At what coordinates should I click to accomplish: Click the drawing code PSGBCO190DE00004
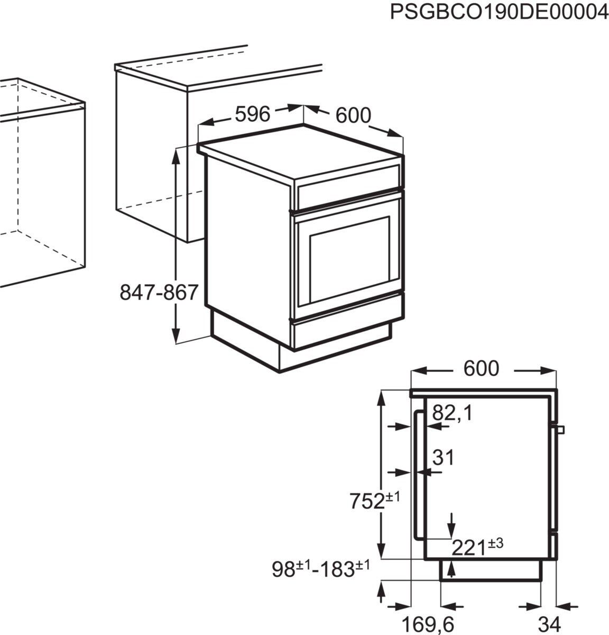pos(499,12)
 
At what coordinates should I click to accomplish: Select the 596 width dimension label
pos(252,113)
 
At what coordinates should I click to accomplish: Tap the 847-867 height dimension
pos(159,292)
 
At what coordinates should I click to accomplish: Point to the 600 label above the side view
pos(481,369)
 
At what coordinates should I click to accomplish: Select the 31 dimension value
pos(443,458)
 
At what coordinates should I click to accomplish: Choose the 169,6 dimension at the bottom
pos(429,623)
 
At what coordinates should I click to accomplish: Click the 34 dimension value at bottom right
pos(550,623)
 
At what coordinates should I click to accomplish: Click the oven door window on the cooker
pos(349,259)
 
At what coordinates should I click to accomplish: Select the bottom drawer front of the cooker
pos(344,333)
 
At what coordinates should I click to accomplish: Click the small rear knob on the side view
pos(560,428)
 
